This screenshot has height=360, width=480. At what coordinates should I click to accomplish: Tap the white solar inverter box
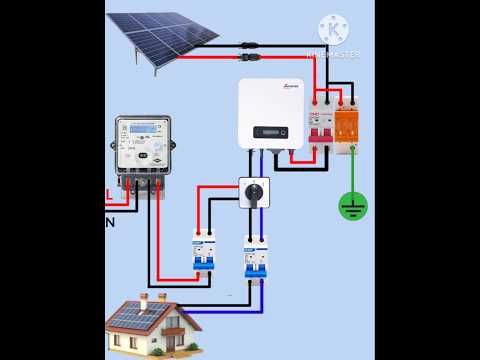(x=270, y=113)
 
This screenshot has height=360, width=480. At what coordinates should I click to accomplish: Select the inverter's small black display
(x=270, y=131)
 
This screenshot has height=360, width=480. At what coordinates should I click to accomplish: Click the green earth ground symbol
(x=352, y=206)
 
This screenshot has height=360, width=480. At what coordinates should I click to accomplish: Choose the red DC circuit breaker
(x=320, y=130)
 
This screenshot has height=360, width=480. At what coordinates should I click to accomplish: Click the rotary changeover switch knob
(x=254, y=191)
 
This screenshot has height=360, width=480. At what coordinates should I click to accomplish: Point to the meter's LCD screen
(x=140, y=129)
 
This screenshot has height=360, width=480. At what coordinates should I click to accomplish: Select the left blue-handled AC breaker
(x=204, y=250)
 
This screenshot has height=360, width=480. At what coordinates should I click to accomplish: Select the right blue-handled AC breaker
(x=256, y=257)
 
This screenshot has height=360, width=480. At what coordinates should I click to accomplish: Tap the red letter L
(x=108, y=194)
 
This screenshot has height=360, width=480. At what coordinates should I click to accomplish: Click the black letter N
(x=109, y=222)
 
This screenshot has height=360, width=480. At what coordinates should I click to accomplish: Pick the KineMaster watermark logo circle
(x=332, y=28)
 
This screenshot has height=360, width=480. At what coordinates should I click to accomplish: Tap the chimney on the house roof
(x=144, y=300)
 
